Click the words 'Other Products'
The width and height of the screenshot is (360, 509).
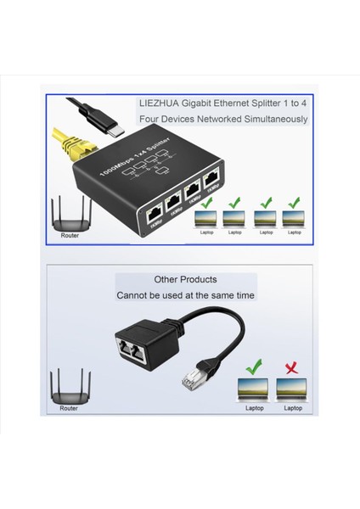coord(185,279)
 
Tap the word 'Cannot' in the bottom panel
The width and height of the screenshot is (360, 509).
coord(132,296)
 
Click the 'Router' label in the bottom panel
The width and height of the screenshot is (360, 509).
coord(69,408)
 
